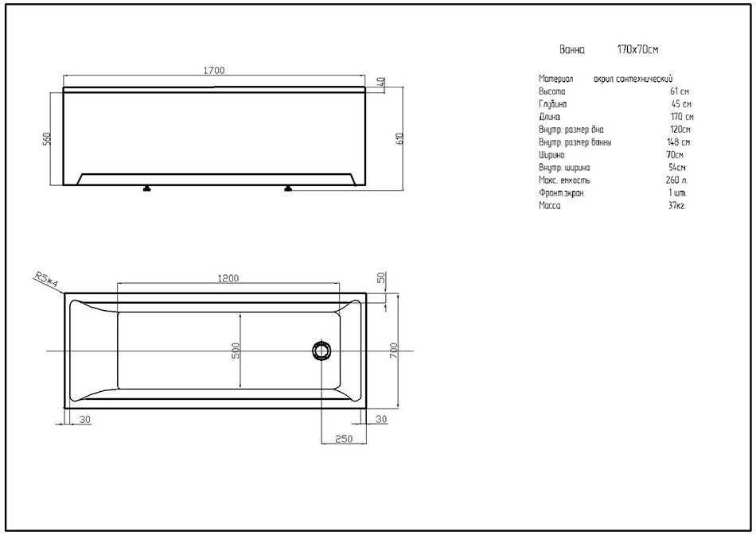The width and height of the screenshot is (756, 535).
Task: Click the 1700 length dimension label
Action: coord(214,70)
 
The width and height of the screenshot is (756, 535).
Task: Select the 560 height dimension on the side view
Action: coord(47,138)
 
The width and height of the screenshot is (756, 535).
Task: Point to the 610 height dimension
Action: coord(399,138)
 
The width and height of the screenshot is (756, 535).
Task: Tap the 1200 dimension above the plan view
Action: coord(228,278)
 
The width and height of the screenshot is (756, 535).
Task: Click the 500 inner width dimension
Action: coord(236,351)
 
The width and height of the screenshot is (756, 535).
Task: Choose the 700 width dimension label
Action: coord(393,350)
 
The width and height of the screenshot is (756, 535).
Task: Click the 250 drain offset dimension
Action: coord(344,439)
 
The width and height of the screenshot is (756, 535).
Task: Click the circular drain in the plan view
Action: coord(321,351)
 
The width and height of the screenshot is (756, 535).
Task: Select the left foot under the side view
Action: coord(146,188)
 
